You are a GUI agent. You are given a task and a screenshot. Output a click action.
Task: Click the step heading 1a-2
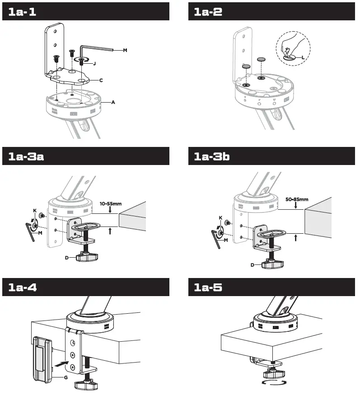pyautogui.click(x=208, y=12)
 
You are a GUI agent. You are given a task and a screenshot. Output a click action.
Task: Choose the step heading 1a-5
pyautogui.click(x=208, y=287)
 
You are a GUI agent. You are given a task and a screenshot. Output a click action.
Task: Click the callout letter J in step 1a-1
pyautogui.click(x=94, y=64)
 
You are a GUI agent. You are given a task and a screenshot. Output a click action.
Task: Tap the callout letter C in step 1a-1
pyautogui.click(x=101, y=80)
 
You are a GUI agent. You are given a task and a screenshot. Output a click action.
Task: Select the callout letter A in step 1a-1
pyautogui.click(x=113, y=103)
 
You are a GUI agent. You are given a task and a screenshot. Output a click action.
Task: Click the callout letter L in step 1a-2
pyautogui.click(x=302, y=57)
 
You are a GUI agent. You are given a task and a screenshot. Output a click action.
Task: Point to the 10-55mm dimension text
pyautogui.click(x=110, y=204)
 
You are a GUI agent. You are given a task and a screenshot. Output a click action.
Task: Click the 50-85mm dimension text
pyautogui.click(x=297, y=199)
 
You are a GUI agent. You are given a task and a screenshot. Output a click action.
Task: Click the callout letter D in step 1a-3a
pyautogui.click(x=66, y=258)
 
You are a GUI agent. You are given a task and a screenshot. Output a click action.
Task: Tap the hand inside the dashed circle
pyautogui.click(x=289, y=43)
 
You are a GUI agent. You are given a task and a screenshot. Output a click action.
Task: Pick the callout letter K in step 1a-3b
pyautogui.click(x=220, y=217)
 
